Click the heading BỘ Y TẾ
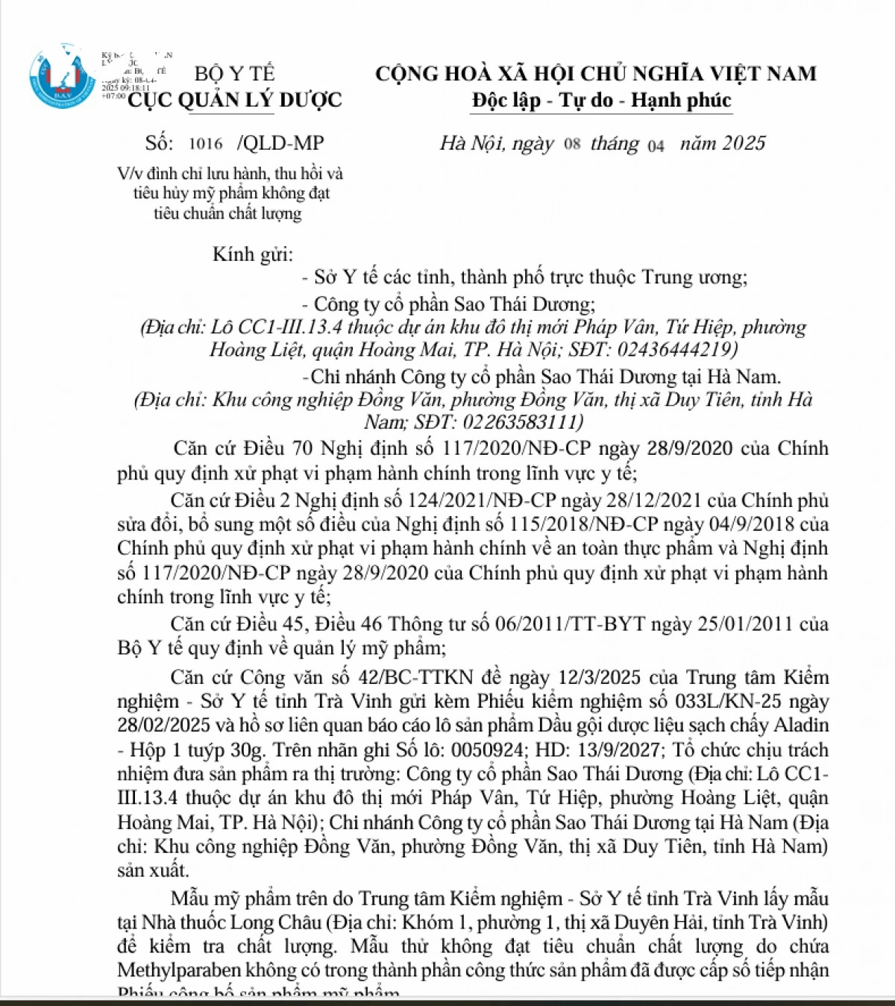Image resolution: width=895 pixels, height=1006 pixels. pyautogui.click(x=234, y=74)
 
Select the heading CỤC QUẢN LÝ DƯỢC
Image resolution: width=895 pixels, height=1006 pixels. pyautogui.click(x=234, y=100)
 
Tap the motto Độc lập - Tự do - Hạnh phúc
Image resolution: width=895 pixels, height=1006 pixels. pyautogui.click(x=601, y=100)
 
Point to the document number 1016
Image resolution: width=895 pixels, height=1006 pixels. pyautogui.click(x=206, y=144)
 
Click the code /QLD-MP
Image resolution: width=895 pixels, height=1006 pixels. pyautogui.click(x=280, y=143)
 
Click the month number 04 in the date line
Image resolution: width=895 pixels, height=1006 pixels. pyautogui.click(x=656, y=145)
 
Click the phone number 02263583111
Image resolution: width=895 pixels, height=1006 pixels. pyautogui.click(x=521, y=421)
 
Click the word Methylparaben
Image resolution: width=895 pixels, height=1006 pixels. pyautogui.click(x=179, y=969)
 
